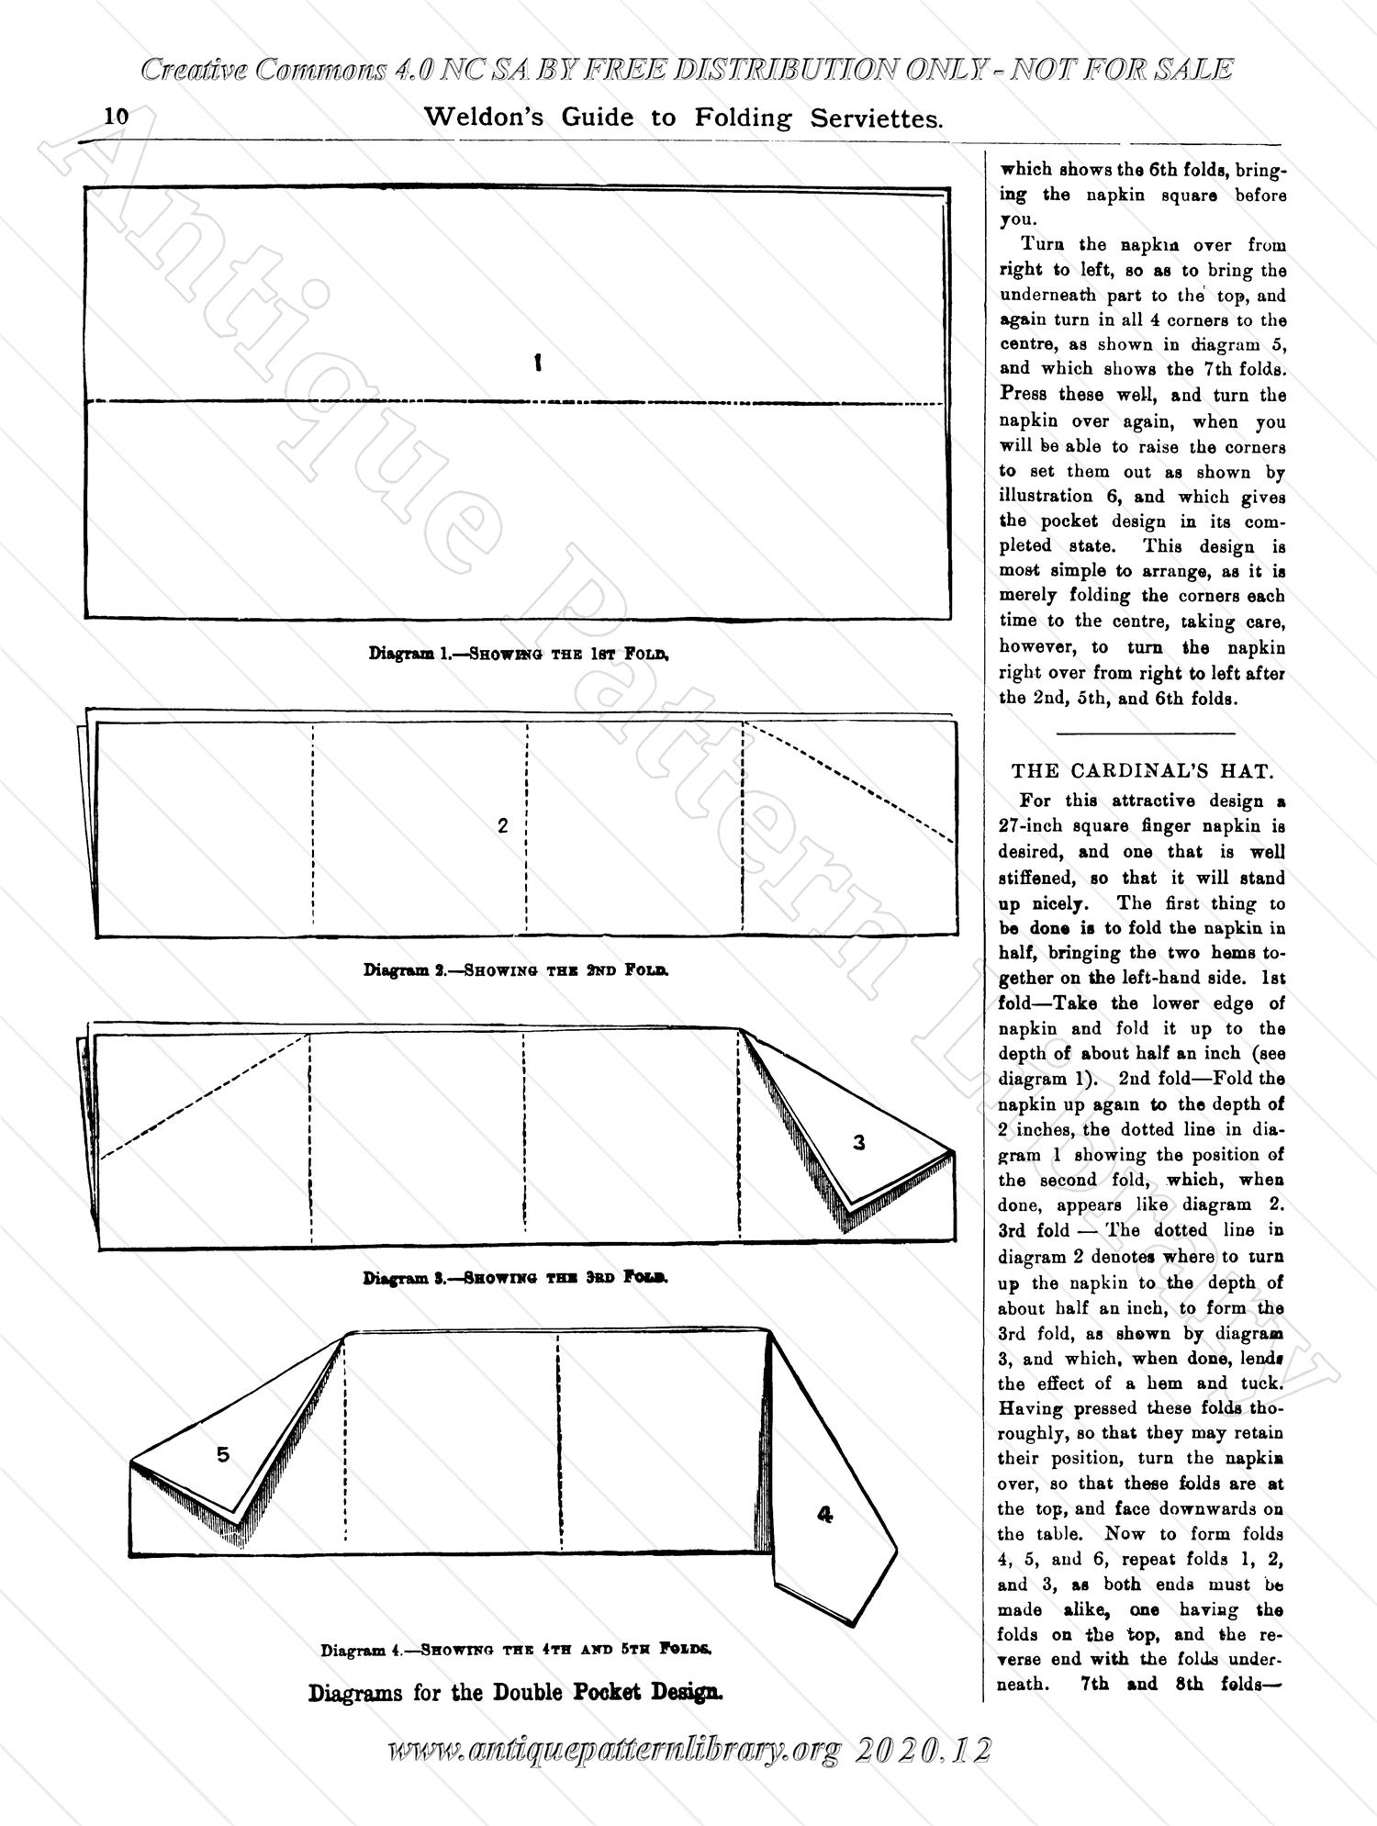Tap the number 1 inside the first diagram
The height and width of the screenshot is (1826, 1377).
[x=537, y=363]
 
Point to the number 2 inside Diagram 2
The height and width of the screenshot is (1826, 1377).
[x=502, y=825]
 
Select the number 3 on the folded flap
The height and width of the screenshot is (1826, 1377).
[x=859, y=1143]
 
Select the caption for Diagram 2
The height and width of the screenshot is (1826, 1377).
[x=516, y=969]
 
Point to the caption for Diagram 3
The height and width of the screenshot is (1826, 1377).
[x=516, y=1277]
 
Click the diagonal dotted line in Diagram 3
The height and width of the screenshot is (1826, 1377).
[x=204, y=1096]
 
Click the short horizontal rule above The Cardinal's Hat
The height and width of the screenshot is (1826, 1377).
[x=1147, y=733]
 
